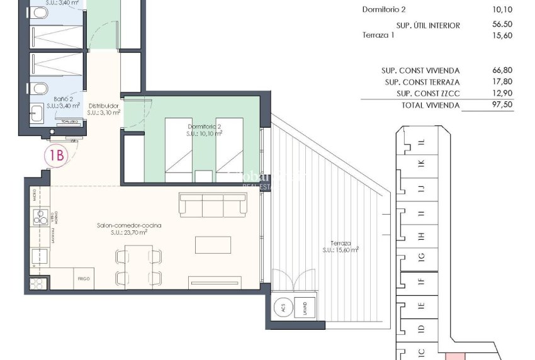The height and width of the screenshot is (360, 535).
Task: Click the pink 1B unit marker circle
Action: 57,156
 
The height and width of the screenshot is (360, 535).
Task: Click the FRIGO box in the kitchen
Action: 84,277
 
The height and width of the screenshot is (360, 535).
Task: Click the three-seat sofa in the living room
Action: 212,205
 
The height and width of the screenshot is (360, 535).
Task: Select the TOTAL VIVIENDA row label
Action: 431,105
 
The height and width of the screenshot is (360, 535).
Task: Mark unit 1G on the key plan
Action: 422,256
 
